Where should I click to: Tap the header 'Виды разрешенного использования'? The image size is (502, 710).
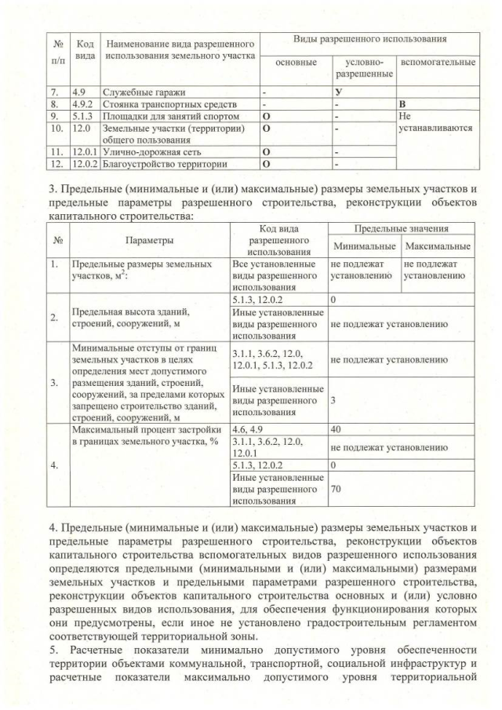[x=369, y=38]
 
